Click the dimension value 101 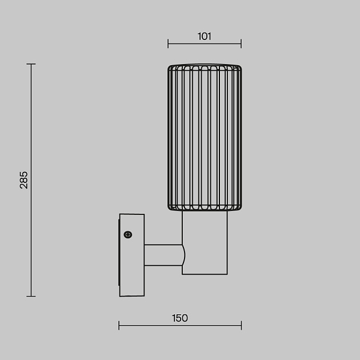click(x=205, y=36)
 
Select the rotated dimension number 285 click(x=23, y=180)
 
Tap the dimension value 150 click(x=179, y=318)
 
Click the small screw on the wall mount click(x=127, y=234)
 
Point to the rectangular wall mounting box click(x=131, y=255)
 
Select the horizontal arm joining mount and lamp click(x=163, y=255)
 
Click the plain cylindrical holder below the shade click(x=205, y=243)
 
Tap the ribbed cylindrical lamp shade click(x=205, y=137)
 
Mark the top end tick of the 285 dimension click(x=31, y=64)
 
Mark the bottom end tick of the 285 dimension click(x=31, y=296)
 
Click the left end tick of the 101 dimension click(x=168, y=43)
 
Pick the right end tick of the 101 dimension click(x=241, y=43)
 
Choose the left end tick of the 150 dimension click(x=119, y=325)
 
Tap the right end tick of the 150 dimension click(x=241, y=325)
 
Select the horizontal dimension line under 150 click(x=179, y=325)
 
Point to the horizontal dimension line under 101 click(x=205, y=43)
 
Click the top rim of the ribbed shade click(x=205, y=67)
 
